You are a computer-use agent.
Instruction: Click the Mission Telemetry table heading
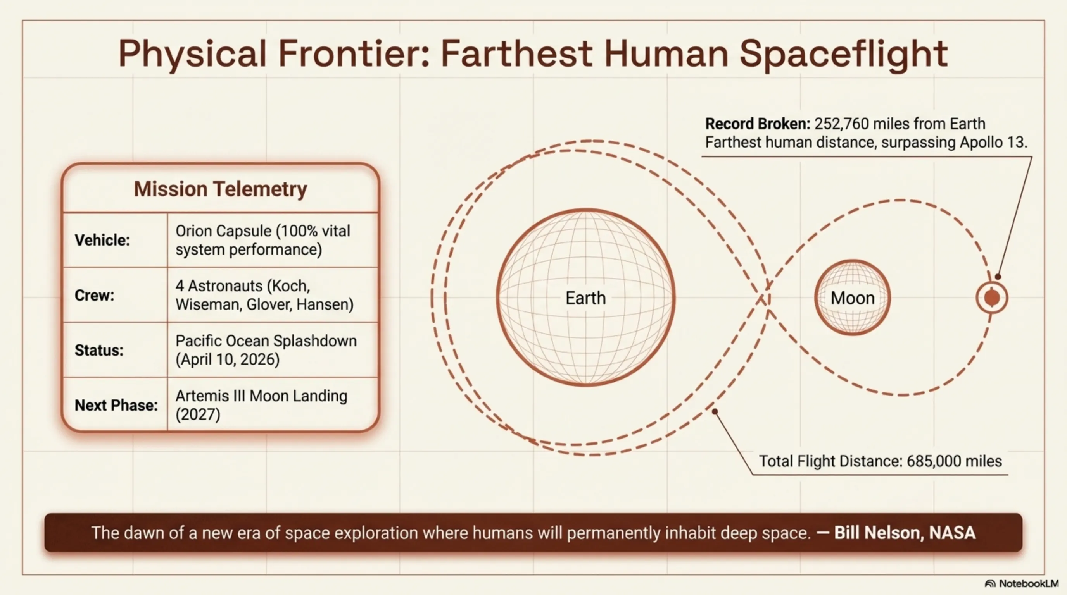pos(220,189)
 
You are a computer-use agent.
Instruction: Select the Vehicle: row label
pos(102,240)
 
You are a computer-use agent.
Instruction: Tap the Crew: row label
pos(95,296)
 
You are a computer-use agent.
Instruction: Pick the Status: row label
pos(99,351)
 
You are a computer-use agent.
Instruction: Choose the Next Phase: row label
pos(116,406)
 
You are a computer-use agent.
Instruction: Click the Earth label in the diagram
pos(586,298)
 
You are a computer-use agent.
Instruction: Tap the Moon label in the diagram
pos(853,298)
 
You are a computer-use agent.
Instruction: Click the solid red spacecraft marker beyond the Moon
pos(992,297)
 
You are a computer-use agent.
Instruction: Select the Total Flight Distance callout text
pos(880,461)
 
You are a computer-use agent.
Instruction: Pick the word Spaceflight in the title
pos(844,55)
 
